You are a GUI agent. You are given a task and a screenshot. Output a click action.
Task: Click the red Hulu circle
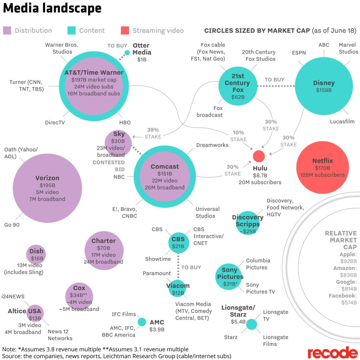(x=259, y=156)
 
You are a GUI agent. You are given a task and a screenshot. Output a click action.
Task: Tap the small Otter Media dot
(x=127, y=53)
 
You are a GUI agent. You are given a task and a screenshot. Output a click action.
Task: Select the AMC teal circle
(x=142, y=322)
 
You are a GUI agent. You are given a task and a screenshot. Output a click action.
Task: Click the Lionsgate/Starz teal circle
(x=251, y=324)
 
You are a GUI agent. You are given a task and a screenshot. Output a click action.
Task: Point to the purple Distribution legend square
(x=7, y=31)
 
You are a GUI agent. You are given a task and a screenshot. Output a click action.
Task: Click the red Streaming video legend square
(x=125, y=31)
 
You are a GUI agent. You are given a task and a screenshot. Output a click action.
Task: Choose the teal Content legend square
(x=71, y=31)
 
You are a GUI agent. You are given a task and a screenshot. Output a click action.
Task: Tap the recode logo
(x=332, y=352)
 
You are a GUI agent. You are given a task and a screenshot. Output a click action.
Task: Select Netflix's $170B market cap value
(x=322, y=168)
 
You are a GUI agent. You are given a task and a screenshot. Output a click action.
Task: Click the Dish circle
(x=36, y=254)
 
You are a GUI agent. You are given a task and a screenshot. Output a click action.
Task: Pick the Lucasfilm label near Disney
(x=342, y=122)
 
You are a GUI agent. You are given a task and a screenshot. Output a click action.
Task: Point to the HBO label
(x=125, y=123)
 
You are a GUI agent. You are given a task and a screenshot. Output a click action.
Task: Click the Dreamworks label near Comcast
(x=212, y=145)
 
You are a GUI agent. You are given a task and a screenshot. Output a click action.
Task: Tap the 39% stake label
(x=153, y=130)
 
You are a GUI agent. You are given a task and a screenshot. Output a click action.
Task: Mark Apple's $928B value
(x=348, y=261)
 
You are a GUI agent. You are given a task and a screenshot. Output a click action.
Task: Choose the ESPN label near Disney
(x=299, y=53)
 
